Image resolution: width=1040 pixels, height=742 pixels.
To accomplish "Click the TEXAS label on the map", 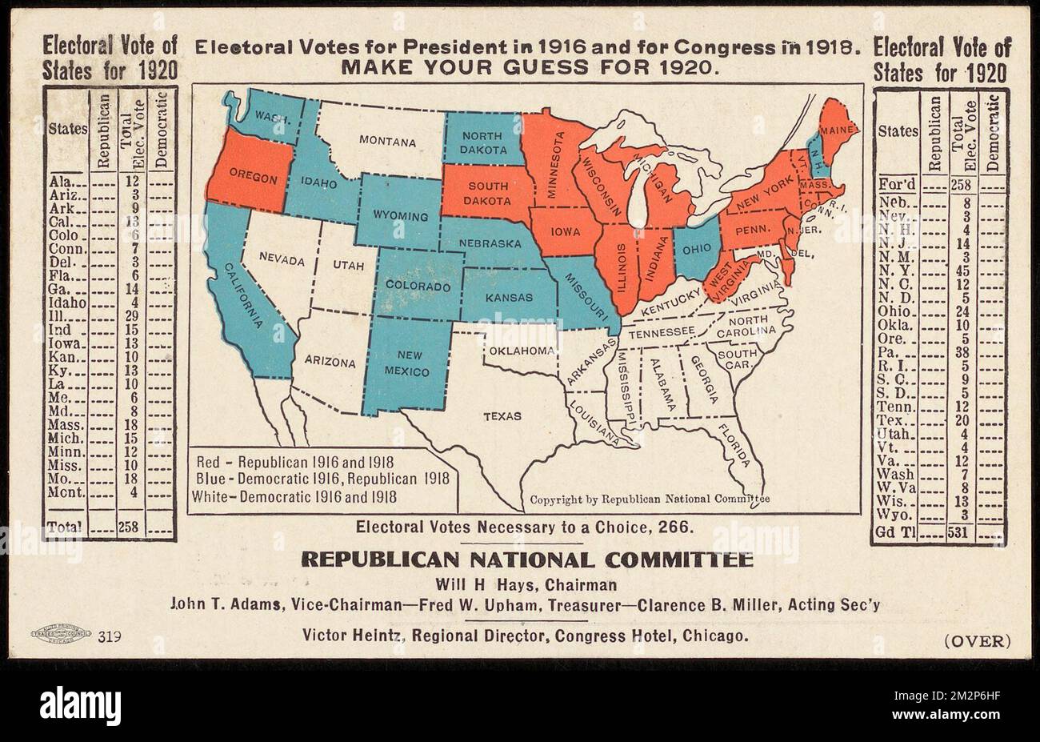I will click(x=502, y=416).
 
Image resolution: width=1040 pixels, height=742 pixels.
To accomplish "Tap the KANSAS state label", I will click(x=509, y=297).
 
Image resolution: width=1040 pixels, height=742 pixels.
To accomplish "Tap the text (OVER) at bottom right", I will click(x=978, y=640).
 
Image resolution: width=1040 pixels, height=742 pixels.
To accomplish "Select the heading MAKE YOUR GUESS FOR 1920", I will click(x=526, y=68).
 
